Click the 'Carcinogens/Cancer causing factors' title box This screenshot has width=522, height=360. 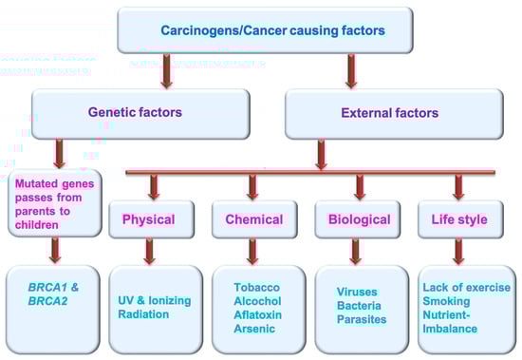[x=266, y=30]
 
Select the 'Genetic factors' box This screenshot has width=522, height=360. [x=140, y=114]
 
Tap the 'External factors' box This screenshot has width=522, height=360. [x=394, y=114]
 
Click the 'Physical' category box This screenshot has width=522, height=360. [x=152, y=219]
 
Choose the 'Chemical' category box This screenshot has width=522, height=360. [x=254, y=219]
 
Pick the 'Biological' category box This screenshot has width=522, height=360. [x=358, y=219]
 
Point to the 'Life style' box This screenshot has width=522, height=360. [x=460, y=219]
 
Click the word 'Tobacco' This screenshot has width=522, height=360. [x=256, y=287]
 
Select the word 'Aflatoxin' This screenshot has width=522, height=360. [x=257, y=314]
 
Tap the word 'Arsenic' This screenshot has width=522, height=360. [x=254, y=329]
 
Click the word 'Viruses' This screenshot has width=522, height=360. [x=357, y=292]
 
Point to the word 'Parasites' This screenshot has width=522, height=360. [x=362, y=319]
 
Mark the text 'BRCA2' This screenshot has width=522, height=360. [x=48, y=301]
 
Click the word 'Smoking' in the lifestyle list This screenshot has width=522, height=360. [x=446, y=301]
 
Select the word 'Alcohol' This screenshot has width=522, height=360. [x=257, y=301]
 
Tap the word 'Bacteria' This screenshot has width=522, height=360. [x=359, y=305]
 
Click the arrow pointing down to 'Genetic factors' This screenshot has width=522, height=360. [x=166, y=71]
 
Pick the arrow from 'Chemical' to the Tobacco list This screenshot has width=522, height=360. [x=252, y=252]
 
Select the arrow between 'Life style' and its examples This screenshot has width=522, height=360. [x=458, y=252]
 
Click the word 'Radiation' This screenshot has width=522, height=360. [x=143, y=314]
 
